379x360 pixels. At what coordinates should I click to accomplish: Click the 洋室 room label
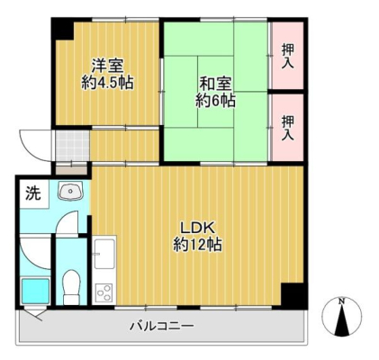tap(107, 66)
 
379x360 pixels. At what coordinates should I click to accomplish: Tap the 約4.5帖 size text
tap(107, 82)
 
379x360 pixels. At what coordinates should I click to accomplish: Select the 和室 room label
tap(215, 84)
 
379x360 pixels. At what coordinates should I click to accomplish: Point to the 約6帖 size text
tap(215, 100)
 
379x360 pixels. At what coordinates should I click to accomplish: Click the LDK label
tap(197, 229)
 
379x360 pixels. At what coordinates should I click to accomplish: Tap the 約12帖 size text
tap(197, 245)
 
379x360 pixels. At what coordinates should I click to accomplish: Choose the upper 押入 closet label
tap(287, 56)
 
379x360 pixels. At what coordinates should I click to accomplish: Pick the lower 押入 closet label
tap(287, 128)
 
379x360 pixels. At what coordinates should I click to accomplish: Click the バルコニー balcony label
tap(162, 326)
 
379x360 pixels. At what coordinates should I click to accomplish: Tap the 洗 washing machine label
tap(32, 193)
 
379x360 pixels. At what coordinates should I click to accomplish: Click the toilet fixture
tap(71, 286)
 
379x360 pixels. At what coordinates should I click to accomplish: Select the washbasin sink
tap(71, 191)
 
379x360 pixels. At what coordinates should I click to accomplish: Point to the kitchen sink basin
tap(104, 254)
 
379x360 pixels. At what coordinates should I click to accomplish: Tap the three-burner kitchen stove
tap(104, 293)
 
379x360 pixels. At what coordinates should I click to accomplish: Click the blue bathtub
tap(36, 292)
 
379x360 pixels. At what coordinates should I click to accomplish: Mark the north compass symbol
tap(341, 317)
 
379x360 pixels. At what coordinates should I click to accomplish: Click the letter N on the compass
tap(341, 301)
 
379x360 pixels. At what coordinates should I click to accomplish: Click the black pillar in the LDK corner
tap(292, 294)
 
